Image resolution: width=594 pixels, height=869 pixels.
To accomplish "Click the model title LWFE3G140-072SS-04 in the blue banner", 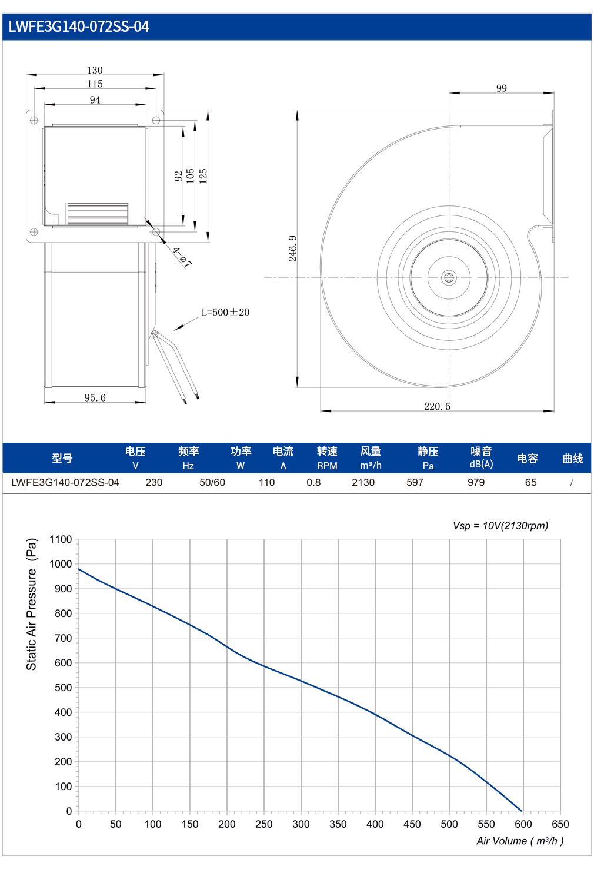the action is click(x=79, y=26).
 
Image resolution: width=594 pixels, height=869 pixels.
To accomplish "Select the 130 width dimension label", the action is click(x=95, y=70).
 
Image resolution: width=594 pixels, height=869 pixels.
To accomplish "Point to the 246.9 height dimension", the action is click(x=292, y=248).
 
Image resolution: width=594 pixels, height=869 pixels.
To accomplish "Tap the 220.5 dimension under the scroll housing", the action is click(x=437, y=406).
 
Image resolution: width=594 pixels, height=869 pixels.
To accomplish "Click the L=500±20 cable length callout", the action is click(x=225, y=312).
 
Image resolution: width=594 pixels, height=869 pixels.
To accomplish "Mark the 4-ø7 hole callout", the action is click(x=182, y=257).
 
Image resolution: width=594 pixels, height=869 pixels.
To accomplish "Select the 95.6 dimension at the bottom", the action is click(x=95, y=397).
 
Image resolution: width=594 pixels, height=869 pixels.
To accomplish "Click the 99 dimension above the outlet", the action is click(x=502, y=88).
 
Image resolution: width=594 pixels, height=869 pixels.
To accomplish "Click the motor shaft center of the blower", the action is click(x=449, y=278).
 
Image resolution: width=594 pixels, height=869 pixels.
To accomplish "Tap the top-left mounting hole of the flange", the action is click(x=34, y=120).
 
